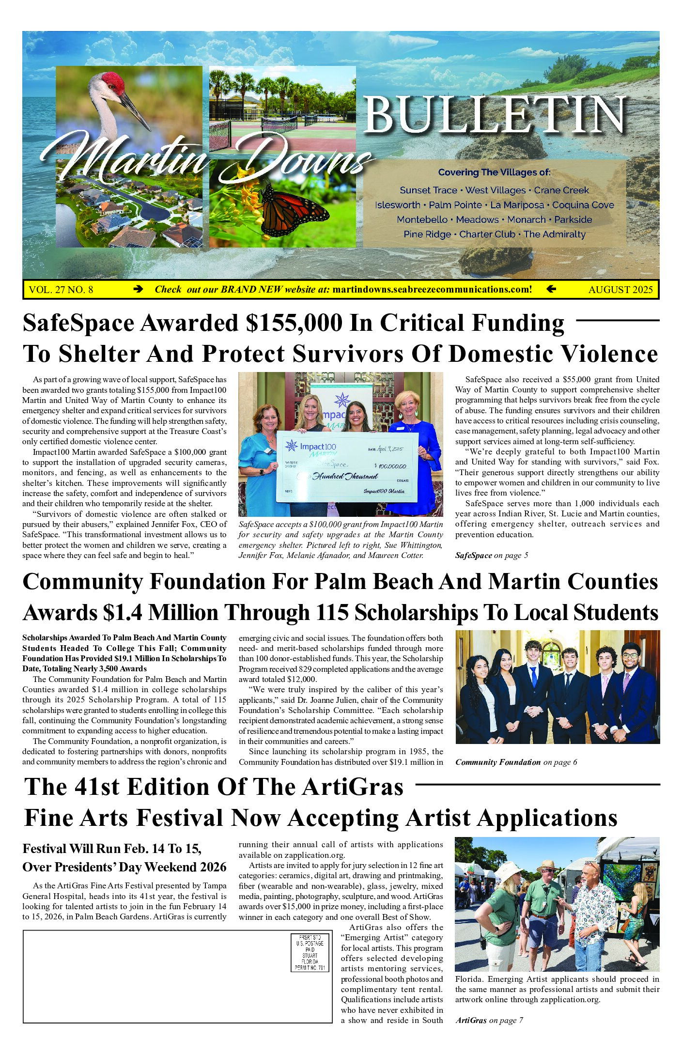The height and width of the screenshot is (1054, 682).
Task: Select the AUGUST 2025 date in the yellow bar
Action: click(620, 290)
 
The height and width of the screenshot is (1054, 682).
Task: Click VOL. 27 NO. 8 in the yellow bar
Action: click(61, 290)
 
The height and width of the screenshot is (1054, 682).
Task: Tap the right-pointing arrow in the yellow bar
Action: click(138, 289)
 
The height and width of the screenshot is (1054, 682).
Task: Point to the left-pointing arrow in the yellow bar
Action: click(551, 289)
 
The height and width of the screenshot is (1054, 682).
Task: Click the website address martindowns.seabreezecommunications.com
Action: click(432, 289)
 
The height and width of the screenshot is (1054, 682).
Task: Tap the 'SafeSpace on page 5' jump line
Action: click(491, 555)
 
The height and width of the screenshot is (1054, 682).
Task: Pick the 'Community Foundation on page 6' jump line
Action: click(516, 762)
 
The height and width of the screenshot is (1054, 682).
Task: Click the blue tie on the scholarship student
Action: click(533, 676)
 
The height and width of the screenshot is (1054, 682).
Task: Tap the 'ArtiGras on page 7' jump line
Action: click(489, 1020)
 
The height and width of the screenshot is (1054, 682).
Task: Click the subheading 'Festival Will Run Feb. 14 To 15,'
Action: click(112, 849)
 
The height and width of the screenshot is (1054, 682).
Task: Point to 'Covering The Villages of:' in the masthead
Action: click(494, 172)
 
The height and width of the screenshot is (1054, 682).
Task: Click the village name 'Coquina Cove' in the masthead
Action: click(583, 205)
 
